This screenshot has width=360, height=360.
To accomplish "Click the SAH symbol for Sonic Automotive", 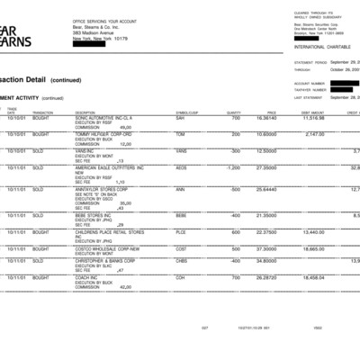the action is (x=181, y=118).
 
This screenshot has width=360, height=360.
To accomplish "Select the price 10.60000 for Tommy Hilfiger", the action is (x=266, y=134).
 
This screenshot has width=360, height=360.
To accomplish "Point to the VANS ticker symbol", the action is (x=181, y=151).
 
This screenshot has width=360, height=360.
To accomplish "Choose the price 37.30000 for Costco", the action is (x=266, y=248).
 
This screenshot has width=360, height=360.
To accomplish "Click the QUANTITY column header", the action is (x=235, y=112).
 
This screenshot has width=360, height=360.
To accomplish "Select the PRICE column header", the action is (x=271, y=112).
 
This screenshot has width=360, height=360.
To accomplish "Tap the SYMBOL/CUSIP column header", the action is (x=186, y=112).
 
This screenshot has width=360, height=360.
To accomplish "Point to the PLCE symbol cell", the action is (x=182, y=231).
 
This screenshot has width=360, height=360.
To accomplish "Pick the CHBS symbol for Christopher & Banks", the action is (x=182, y=260).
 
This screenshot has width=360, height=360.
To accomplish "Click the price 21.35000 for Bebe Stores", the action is (x=266, y=215).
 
